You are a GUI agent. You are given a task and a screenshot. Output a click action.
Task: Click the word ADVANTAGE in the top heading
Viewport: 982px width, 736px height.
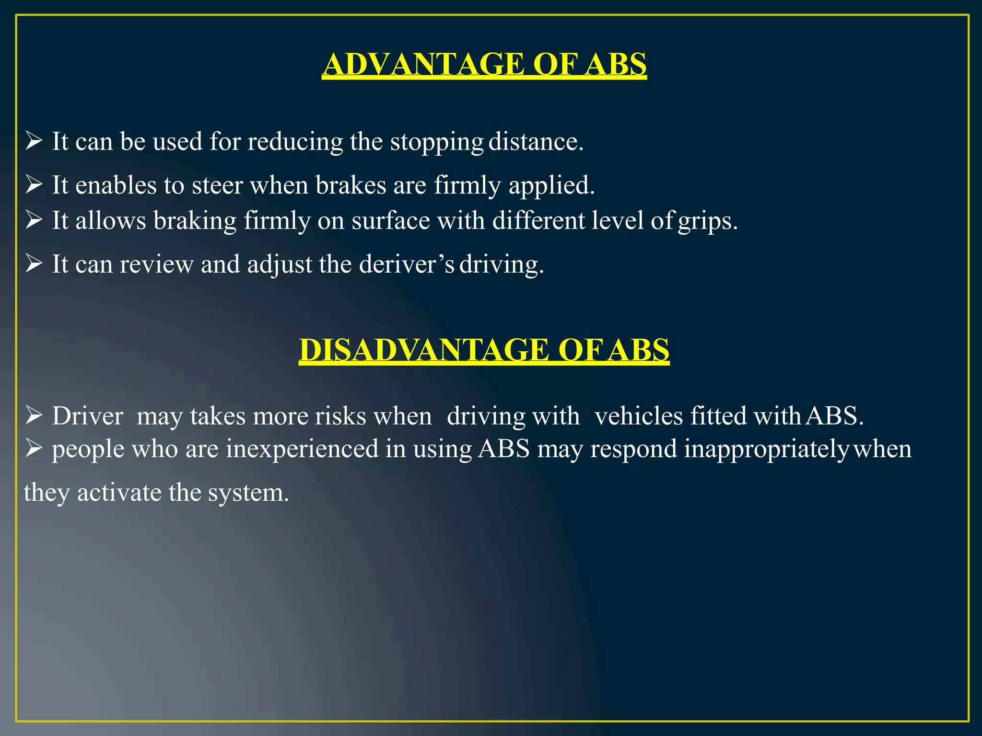point(424,64)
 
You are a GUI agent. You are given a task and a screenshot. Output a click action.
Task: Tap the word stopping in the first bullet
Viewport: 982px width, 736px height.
point(436,142)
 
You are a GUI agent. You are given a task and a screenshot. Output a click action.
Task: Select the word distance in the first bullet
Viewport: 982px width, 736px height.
point(536,142)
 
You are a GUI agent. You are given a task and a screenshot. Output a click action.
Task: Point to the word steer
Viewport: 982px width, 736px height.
point(217,185)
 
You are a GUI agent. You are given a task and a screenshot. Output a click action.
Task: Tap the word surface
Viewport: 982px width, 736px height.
point(391,221)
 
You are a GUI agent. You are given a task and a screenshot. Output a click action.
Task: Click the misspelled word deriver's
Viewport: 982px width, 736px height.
point(407,264)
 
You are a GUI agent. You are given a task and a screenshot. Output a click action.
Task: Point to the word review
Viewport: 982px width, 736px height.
point(156,264)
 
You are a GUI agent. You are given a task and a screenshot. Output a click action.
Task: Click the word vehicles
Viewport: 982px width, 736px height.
point(639,416)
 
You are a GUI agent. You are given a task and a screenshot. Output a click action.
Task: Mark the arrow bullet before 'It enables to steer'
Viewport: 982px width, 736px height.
point(34,184)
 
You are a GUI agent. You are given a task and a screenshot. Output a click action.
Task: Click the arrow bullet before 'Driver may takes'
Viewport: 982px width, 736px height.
point(34,415)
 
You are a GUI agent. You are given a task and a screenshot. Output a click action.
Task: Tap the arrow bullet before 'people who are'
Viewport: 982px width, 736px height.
point(34,448)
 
